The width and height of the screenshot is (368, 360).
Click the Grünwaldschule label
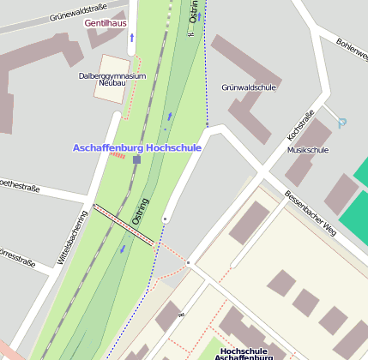[249, 87]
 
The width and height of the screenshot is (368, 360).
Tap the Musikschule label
[308, 150]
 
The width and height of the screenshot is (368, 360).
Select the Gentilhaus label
[105, 23]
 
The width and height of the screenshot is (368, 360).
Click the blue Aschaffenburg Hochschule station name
[137, 147]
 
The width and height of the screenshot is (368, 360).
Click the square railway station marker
[136, 159]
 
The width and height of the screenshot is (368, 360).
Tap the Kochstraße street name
[301, 125]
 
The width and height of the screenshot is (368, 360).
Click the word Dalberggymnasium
[112, 75]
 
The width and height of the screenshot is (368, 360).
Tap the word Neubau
[112, 84]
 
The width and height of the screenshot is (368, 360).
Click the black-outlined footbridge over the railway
[124, 225]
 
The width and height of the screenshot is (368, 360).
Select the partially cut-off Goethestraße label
[17, 183]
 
